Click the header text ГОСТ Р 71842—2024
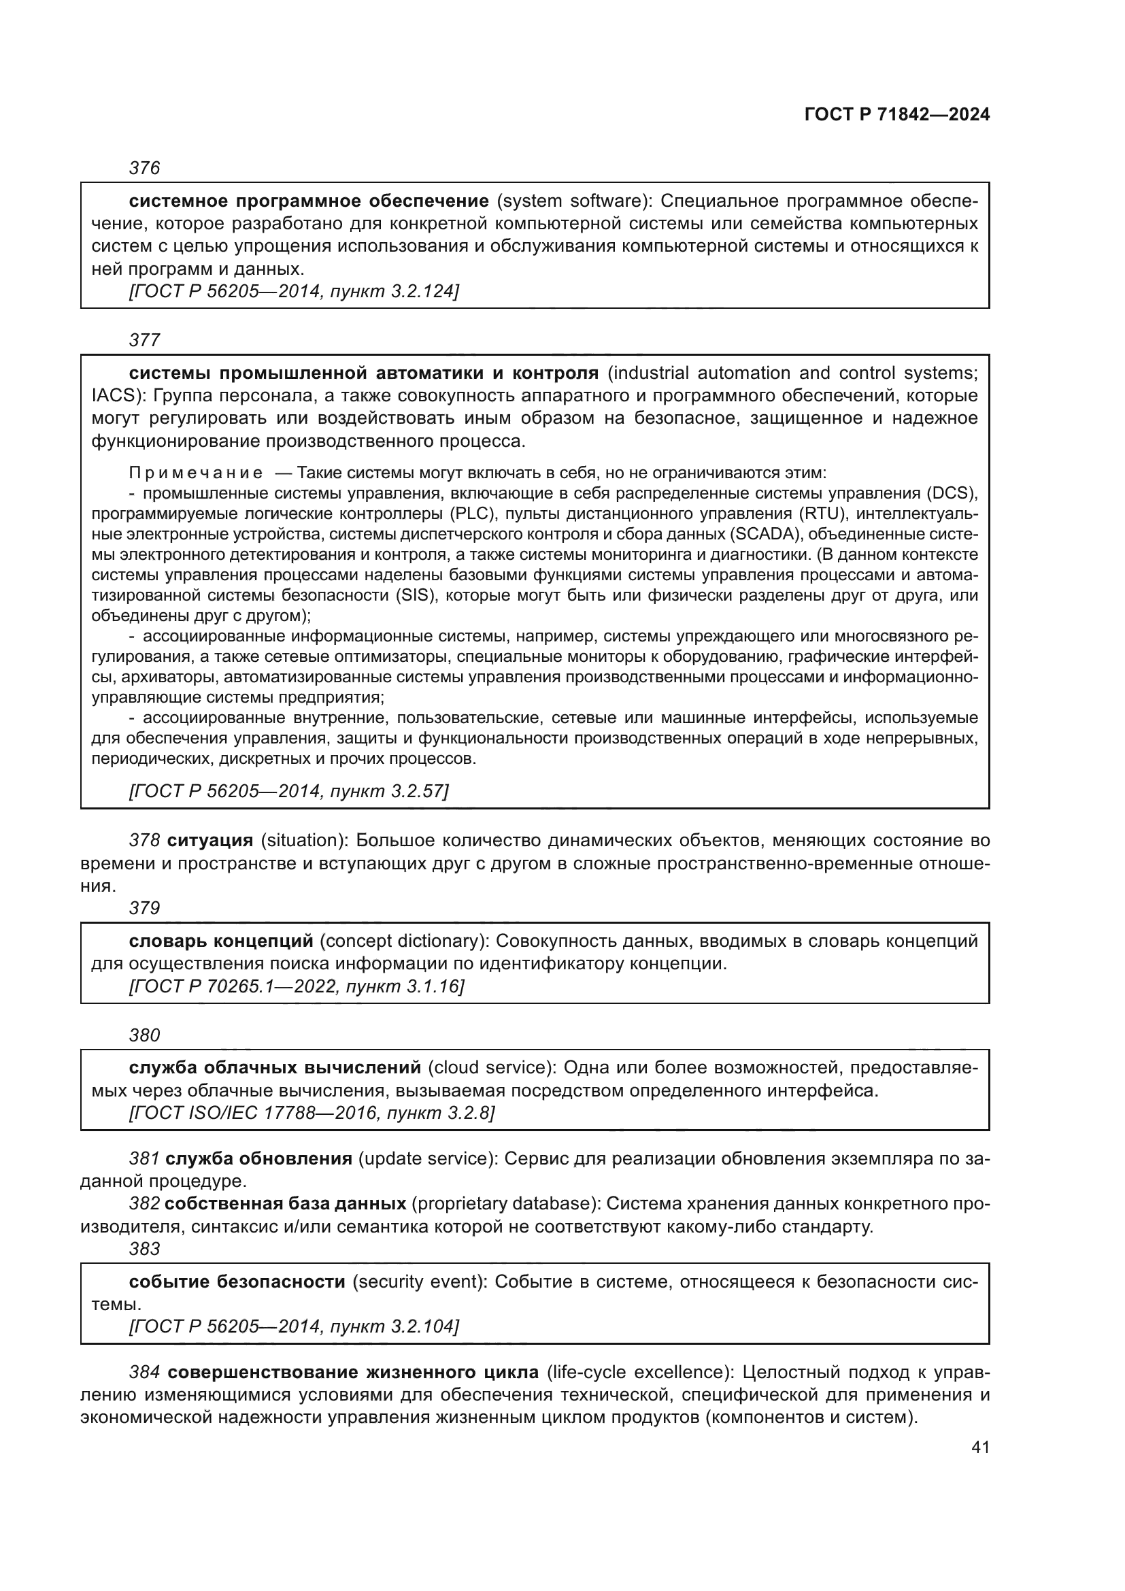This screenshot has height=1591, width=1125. [897, 115]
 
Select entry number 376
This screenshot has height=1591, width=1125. [144, 169]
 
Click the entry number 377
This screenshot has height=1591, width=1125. [144, 340]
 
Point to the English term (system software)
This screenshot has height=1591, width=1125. [575, 201]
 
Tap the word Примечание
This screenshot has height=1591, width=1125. [196, 473]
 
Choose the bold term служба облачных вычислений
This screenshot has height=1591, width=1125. [275, 1068]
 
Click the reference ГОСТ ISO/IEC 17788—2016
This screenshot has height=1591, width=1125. [252, 1113]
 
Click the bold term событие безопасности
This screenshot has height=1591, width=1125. [237, 1283]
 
